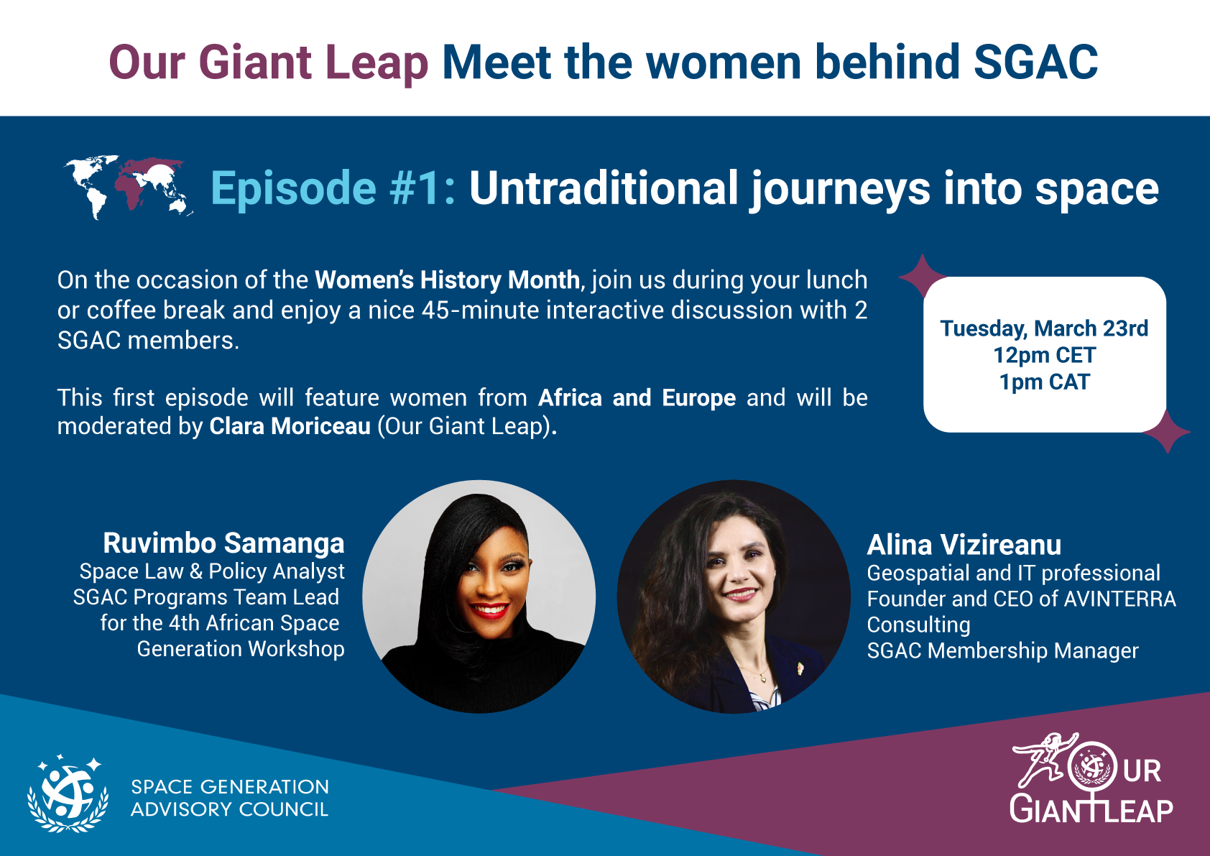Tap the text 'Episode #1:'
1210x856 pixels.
tap(333, 188)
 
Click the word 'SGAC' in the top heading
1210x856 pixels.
tap(1035, 63)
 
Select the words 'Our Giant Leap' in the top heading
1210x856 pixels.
tap(269, 64)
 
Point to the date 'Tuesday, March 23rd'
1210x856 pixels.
tap(1044, 328)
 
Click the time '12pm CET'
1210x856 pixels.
tap(1044, 355)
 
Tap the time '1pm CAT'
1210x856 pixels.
tap(1044, 382)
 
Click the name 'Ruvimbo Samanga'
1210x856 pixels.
tap(223, 543)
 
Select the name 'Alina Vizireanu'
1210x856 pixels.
tap(964, 545)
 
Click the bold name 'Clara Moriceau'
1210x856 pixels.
tap(290, 426)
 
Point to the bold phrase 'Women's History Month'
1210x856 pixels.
tap(448, 280)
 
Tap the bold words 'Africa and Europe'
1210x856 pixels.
tap(637, 397)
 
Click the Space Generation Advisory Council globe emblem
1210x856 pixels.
tap(68, 793)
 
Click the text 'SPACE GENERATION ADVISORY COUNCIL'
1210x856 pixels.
tap(230, 799)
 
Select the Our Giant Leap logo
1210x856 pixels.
tap(1091, 778)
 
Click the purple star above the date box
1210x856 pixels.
tap(922, 276)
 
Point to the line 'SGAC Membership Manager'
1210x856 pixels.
tap(1002, 650)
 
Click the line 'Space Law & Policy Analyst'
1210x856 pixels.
tap(212, 571)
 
